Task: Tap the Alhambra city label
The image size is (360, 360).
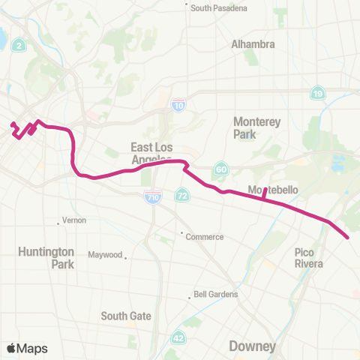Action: pos(253,44)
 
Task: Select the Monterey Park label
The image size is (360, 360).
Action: pos(256,128)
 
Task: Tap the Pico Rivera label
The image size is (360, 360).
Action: pos(308,258)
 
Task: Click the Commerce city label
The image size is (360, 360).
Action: pos(205,237)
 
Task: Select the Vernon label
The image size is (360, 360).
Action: pos(74,220)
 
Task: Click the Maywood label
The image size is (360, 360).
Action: pos(105,255)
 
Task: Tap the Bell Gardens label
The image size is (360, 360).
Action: pos(216,295)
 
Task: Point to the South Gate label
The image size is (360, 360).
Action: pos(126,316)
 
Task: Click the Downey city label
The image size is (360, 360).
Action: pos(253,346)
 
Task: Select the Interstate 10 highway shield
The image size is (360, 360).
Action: pos(178,106)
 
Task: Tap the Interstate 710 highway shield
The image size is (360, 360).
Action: pos(153,197)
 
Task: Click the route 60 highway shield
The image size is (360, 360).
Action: pos(220,169)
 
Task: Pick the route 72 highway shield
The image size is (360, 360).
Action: pos(182,196)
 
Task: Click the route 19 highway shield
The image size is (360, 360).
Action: pos(318,93)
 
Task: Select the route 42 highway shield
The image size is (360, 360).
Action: pos(178,338)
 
